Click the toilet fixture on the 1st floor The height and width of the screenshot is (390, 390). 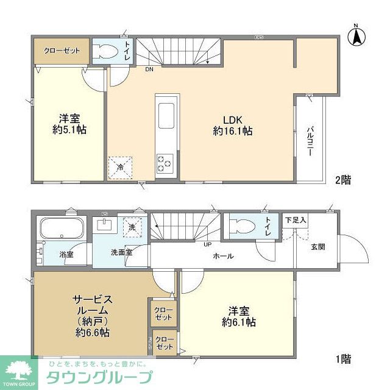(x=241, y=226)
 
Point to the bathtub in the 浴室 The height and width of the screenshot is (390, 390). (x=62, y=230)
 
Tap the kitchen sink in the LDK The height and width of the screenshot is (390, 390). (x=166, y=113)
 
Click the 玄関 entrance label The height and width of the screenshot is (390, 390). (x=317, y=246)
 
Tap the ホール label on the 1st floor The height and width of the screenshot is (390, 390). (x=223, y=257)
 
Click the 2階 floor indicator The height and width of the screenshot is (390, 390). (x=342, y=180)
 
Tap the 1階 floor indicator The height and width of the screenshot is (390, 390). (x=342, y=360)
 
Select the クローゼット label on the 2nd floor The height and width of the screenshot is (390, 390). (x=62, y=50)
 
